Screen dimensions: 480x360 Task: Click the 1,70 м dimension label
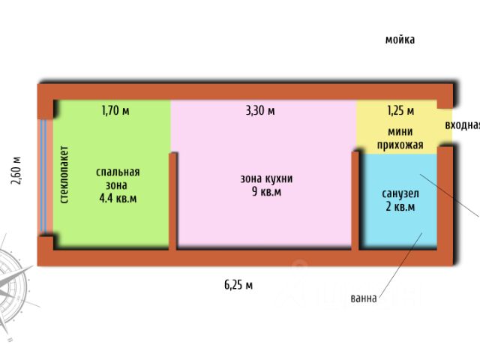pyautogui.click(x=115, y=111)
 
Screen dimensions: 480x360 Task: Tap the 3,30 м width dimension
pyautogui.click(x=260, y=111)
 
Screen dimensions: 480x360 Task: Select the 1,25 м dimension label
pyautogui.click(x=400, y=111)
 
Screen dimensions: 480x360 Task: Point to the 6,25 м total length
pyautogui.click(x=238, y=284)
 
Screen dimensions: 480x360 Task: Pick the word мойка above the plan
pyautogui.click(x=400, y=40)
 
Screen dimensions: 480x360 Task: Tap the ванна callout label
pyautogui.click(x=364, y=298)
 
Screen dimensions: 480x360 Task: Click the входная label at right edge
pyautogui.click(x=462, y=125)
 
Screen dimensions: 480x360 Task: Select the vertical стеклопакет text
pyautogui.click(x=64, y=175)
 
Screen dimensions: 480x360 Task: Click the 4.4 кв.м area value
pyautogui.click(x=118, y=199)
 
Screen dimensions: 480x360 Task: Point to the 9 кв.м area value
pyautogui.click(x=266, y=192)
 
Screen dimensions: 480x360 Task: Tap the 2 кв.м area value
pyautogui.click(x=399, y=207)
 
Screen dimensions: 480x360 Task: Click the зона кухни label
pyautogui.click(x=266, y=178)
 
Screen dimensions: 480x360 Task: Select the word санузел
pyautogui.click(x=399, y=193)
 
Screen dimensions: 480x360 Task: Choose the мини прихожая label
pyautogui.click(x=400, y=138)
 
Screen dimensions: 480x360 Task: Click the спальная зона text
pyautogui.click(x=118, y=178)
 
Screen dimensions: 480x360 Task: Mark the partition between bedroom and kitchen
pyautogui.click(x=173, y=201)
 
